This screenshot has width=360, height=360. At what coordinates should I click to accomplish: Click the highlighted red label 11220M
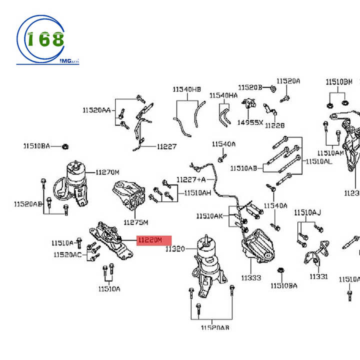(154, 240)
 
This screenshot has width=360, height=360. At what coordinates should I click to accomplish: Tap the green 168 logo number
(45, 39)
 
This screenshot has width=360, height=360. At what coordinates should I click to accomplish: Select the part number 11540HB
(187, 89)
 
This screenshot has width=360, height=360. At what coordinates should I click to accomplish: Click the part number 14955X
(250, 122)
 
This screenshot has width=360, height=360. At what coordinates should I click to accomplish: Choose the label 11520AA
(97, 109)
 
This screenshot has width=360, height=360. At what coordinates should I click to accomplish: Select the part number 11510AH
(197, 192)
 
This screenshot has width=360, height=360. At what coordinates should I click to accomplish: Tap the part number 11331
(318, 276)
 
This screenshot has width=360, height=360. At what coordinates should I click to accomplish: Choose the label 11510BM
(339, 82)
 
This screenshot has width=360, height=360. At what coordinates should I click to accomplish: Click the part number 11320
(175, 248)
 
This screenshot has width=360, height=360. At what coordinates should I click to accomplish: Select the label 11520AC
(67, 255)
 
